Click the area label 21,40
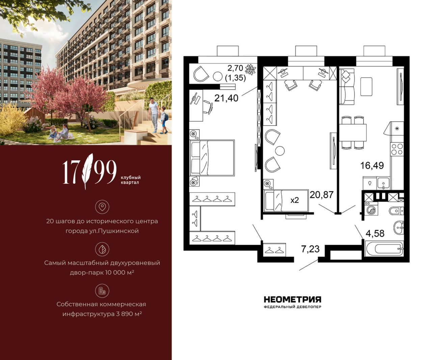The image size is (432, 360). pyautogui.click(x=226, y=98)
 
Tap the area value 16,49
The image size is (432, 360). pyautogui.click(x=372, y=166)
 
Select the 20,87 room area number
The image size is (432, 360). pyautogui.click(x=322, y=195)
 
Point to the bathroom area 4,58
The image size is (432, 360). pyautogui.click(x=375, y=233)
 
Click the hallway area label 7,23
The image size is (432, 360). pyautogui.click(x=310, y=249)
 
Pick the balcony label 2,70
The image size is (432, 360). pyautogui.click(x=235, y=68)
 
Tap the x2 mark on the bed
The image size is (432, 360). pyautogui.click(x=294, y=200)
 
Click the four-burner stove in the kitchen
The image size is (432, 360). pyautogui.click(x=397, y=149)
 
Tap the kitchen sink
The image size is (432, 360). pyautogui.click(x=383, y=183)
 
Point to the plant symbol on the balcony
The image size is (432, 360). pyautogui.click(x=250, y=69)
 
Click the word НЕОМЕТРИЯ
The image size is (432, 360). pyautogui.click(x=293, y=299)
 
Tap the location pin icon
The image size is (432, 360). pyautogui.click(x=102, y=206)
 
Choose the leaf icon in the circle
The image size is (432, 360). pyautogui.click(x=102, y=249)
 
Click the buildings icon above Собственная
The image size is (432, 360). pyautogui.click(x=102, y=291)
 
